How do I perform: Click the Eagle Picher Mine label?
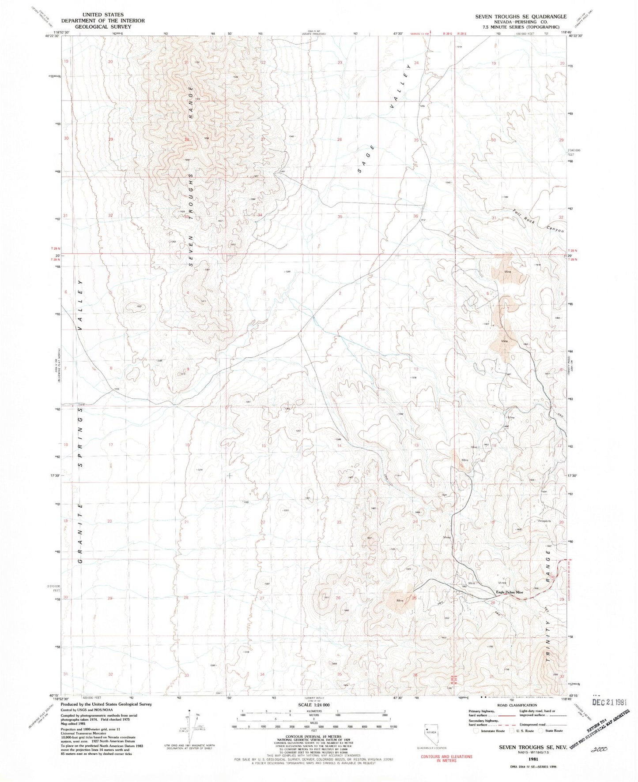[509, 592]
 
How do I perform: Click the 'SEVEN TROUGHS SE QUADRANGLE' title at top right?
[521, 17]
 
